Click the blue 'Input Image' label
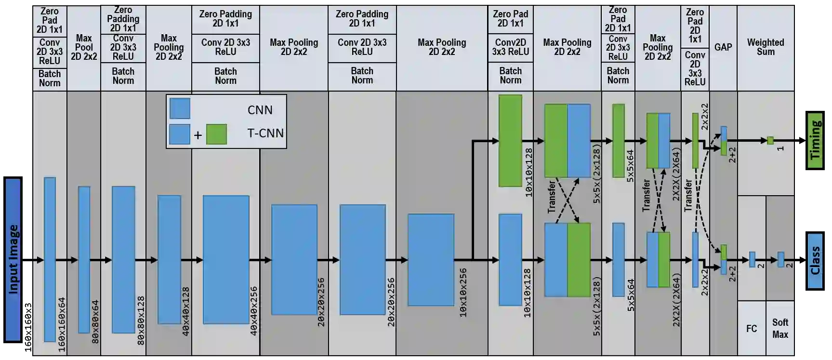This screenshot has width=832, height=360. click(x=13, y=259)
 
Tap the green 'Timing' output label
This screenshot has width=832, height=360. click(x=815, y=140)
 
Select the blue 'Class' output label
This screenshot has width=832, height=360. click(x=815, y=261)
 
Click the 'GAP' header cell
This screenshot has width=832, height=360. click(x=723, y=47)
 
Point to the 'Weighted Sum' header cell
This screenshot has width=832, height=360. click(x=765, y=47)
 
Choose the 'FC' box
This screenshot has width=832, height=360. click(x=751, y=329)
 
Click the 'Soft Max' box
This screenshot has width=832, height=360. click(x=780, y=328)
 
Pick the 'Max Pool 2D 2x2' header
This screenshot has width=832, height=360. click(x=84, y=47)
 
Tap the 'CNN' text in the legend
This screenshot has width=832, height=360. click(x=260, y=110)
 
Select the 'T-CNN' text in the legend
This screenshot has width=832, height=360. click(x=265, y=133)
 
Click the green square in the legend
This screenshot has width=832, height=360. click(x=216, y=134)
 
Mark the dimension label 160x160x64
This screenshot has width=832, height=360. click(x=62, y=324)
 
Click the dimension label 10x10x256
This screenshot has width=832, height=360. click(x=463, y=292)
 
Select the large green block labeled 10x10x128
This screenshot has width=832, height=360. click(x=510, y=140)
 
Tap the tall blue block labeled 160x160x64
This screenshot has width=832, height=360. click(x=50, y=259)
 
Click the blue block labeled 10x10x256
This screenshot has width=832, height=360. click(x=431, y=260)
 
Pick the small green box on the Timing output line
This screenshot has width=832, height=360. click(x=770, y=141)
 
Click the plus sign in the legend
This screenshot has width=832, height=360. click(x=198, y=135)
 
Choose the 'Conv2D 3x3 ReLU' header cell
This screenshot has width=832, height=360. click(x=510, y=47)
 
